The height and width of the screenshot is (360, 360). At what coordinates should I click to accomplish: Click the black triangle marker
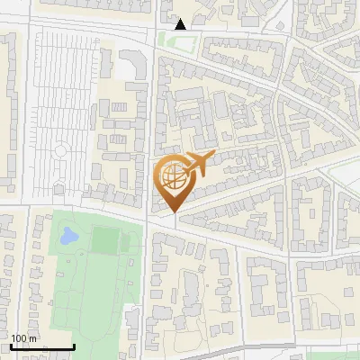tap(181, 24)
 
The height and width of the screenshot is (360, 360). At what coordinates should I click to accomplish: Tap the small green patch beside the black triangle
tap(167, 39)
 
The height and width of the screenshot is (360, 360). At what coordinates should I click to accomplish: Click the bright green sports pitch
tap(105, 239)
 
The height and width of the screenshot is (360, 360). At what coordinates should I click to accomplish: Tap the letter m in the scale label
tap(33, 338)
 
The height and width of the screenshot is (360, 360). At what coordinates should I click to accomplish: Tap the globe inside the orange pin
tap(172, 176)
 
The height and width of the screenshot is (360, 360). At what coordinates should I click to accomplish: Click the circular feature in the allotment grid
tap(61, 150)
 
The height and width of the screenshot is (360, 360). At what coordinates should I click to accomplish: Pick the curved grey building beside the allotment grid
tap(134, 62)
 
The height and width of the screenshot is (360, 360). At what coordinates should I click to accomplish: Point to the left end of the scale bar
tap(11, 347)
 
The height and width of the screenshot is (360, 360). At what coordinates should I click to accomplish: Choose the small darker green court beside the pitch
tap(130, 241)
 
